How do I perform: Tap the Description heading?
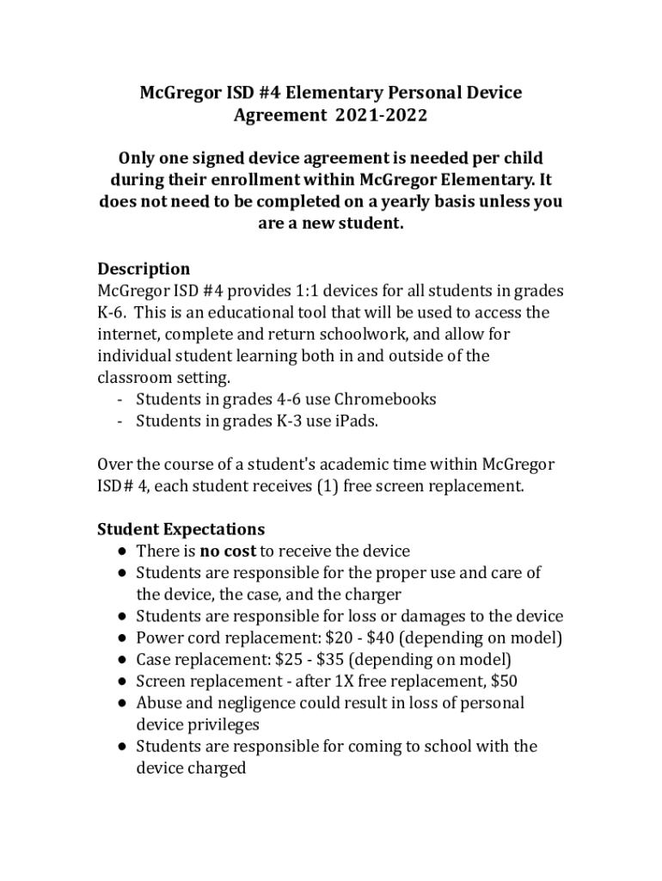(x=144, y=268)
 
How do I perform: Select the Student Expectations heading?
(x=181, y=528)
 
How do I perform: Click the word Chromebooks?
(x=385, y=399)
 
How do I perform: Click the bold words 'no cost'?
(x=228, y=551)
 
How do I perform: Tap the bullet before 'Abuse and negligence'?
(x=125, y=703)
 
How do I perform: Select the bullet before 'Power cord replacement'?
(x=125, y=638)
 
